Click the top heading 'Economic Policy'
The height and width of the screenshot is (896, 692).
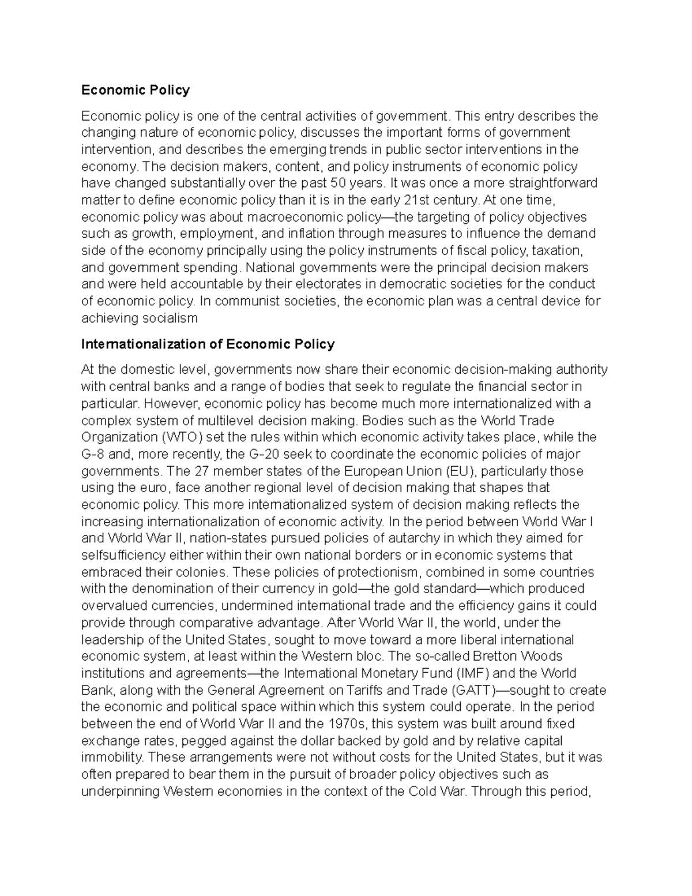(x=135, y=90)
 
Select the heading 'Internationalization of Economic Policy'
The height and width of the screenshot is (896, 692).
(x=208, y=344)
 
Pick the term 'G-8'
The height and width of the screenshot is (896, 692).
(x=93, y=454)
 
